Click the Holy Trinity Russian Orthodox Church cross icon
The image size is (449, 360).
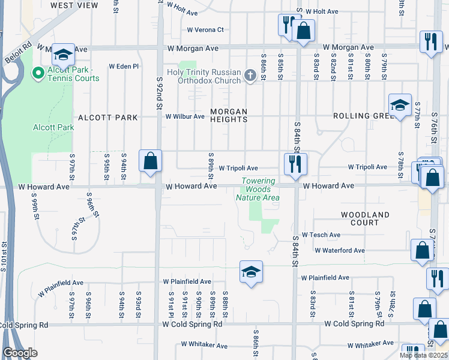click(x=252, y=76)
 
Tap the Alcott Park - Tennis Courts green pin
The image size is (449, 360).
click(x=37, y=73)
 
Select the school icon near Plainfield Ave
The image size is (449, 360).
click(x=251, y=271)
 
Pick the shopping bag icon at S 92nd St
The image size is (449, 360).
click(x=150, y=161)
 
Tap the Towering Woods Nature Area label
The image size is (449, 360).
click(x=258, y=190)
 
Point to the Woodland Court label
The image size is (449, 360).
click(x=365, y=218)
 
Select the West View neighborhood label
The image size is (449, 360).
click(x=74, y=5)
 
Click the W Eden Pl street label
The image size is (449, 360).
click(x=124, y=67)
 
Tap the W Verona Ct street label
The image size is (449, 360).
click(x=205, y=29)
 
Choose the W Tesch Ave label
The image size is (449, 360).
click(x=321, y=235)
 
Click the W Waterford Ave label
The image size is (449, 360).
click(x=339, y=250)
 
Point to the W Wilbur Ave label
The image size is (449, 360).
click(x=185, y=116)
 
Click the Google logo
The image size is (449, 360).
click(x=20, y=353)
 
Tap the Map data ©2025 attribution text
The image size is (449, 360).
click(x=423, y=355)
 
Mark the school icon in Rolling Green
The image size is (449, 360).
click(x=400, y=106)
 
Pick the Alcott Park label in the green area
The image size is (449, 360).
click(x=53, y=127)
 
